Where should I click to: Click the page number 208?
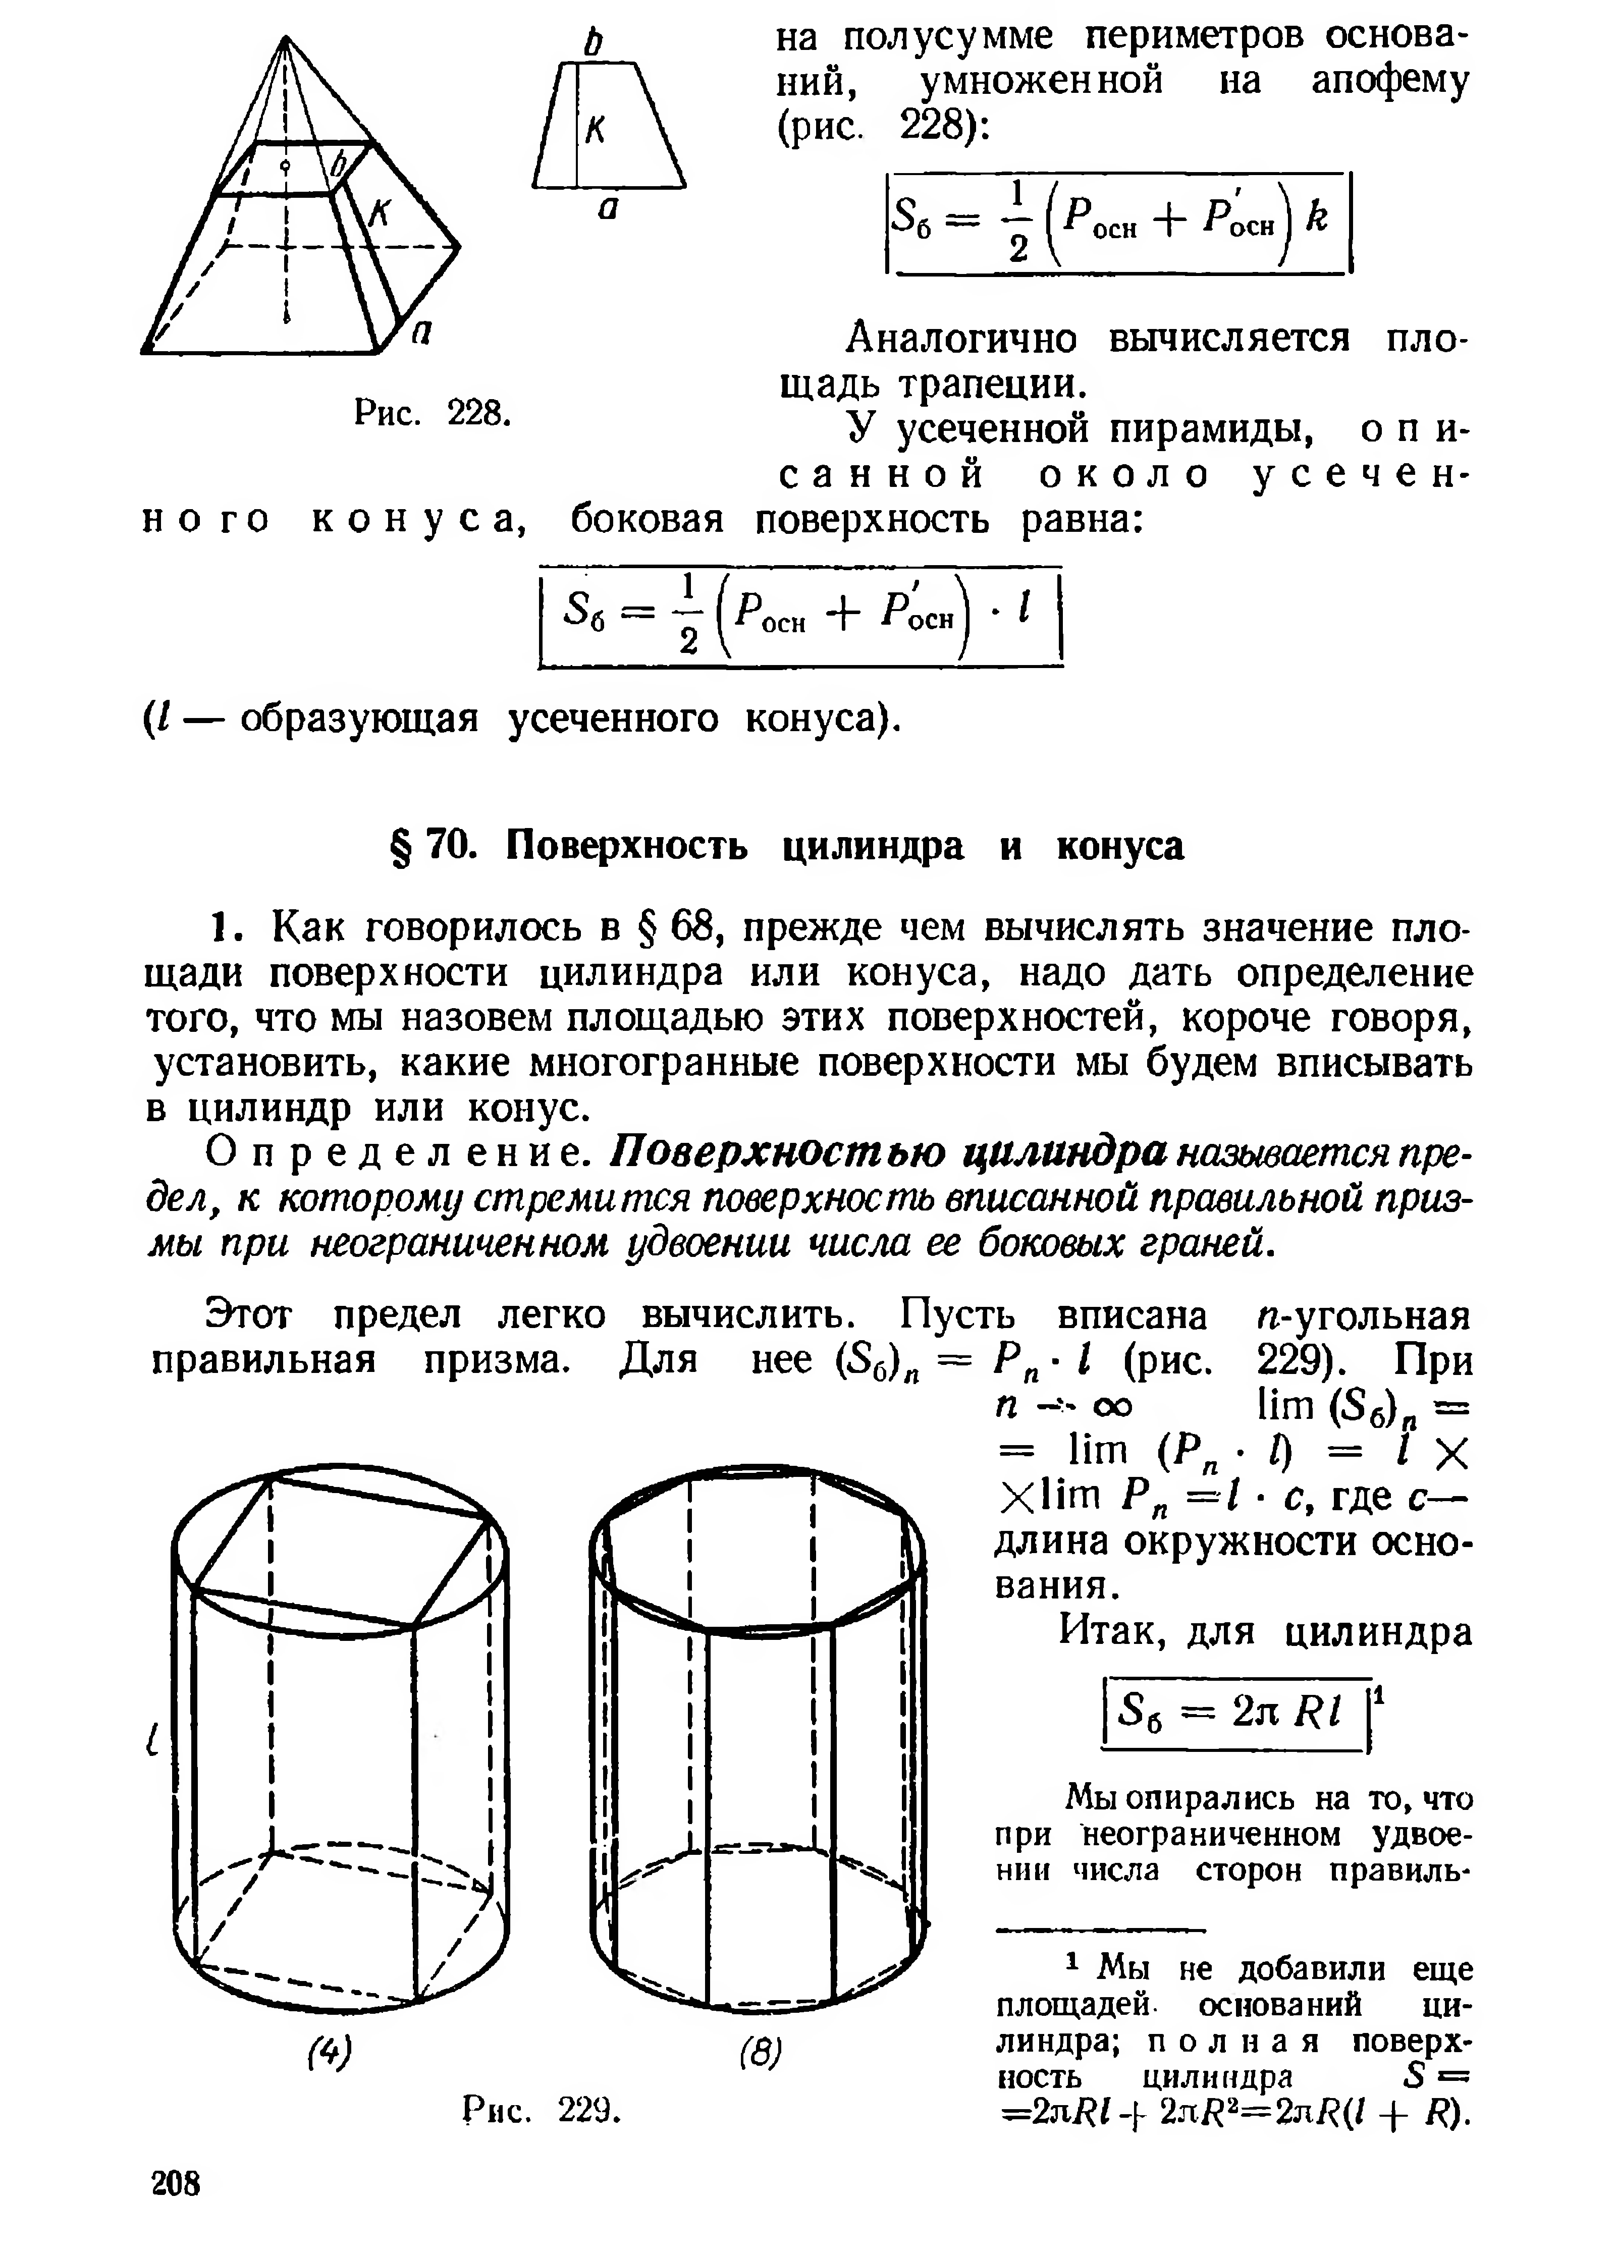point(176,2184)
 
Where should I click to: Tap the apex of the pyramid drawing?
point(286,40)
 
